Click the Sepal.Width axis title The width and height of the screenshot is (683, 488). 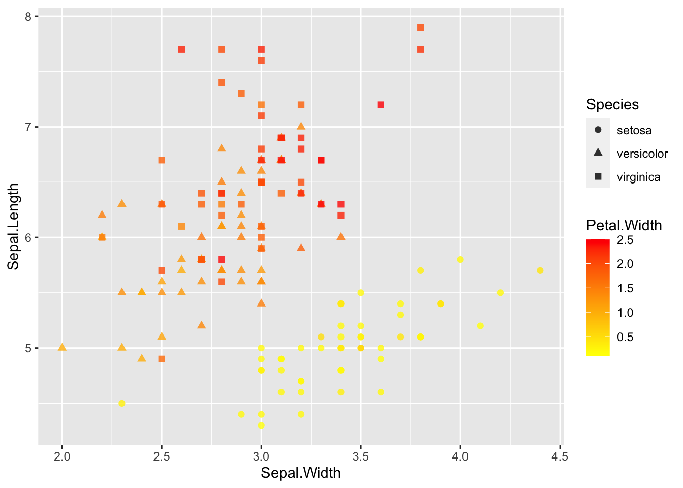coord(301,473)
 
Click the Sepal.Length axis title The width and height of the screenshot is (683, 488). coord(13,226)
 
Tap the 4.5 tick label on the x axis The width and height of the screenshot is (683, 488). coord(560,456)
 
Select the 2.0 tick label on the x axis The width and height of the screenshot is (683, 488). coord(62,456)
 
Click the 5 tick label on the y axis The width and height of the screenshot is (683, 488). coord(27,348)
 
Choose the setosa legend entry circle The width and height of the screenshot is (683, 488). coord(598,130)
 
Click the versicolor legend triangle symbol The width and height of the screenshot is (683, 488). coord(598,153)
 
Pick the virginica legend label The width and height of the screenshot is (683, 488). coord(638,177)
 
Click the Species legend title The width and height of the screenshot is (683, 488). coord(612,105)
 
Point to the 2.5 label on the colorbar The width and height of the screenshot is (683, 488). coord(625,240)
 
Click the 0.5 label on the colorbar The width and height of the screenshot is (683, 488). coord(625,337)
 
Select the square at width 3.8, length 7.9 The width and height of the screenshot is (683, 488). coord(420,27)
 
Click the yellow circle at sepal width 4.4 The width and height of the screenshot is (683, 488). coord(540,270)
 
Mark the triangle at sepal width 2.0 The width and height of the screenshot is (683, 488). coord(62,347)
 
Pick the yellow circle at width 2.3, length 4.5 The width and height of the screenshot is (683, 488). coord(122,403)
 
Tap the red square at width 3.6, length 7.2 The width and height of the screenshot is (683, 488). coord(381,105)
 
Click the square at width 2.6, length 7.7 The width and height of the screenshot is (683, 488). coord(181,49)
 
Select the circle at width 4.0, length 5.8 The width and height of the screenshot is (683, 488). coord(460,259)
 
